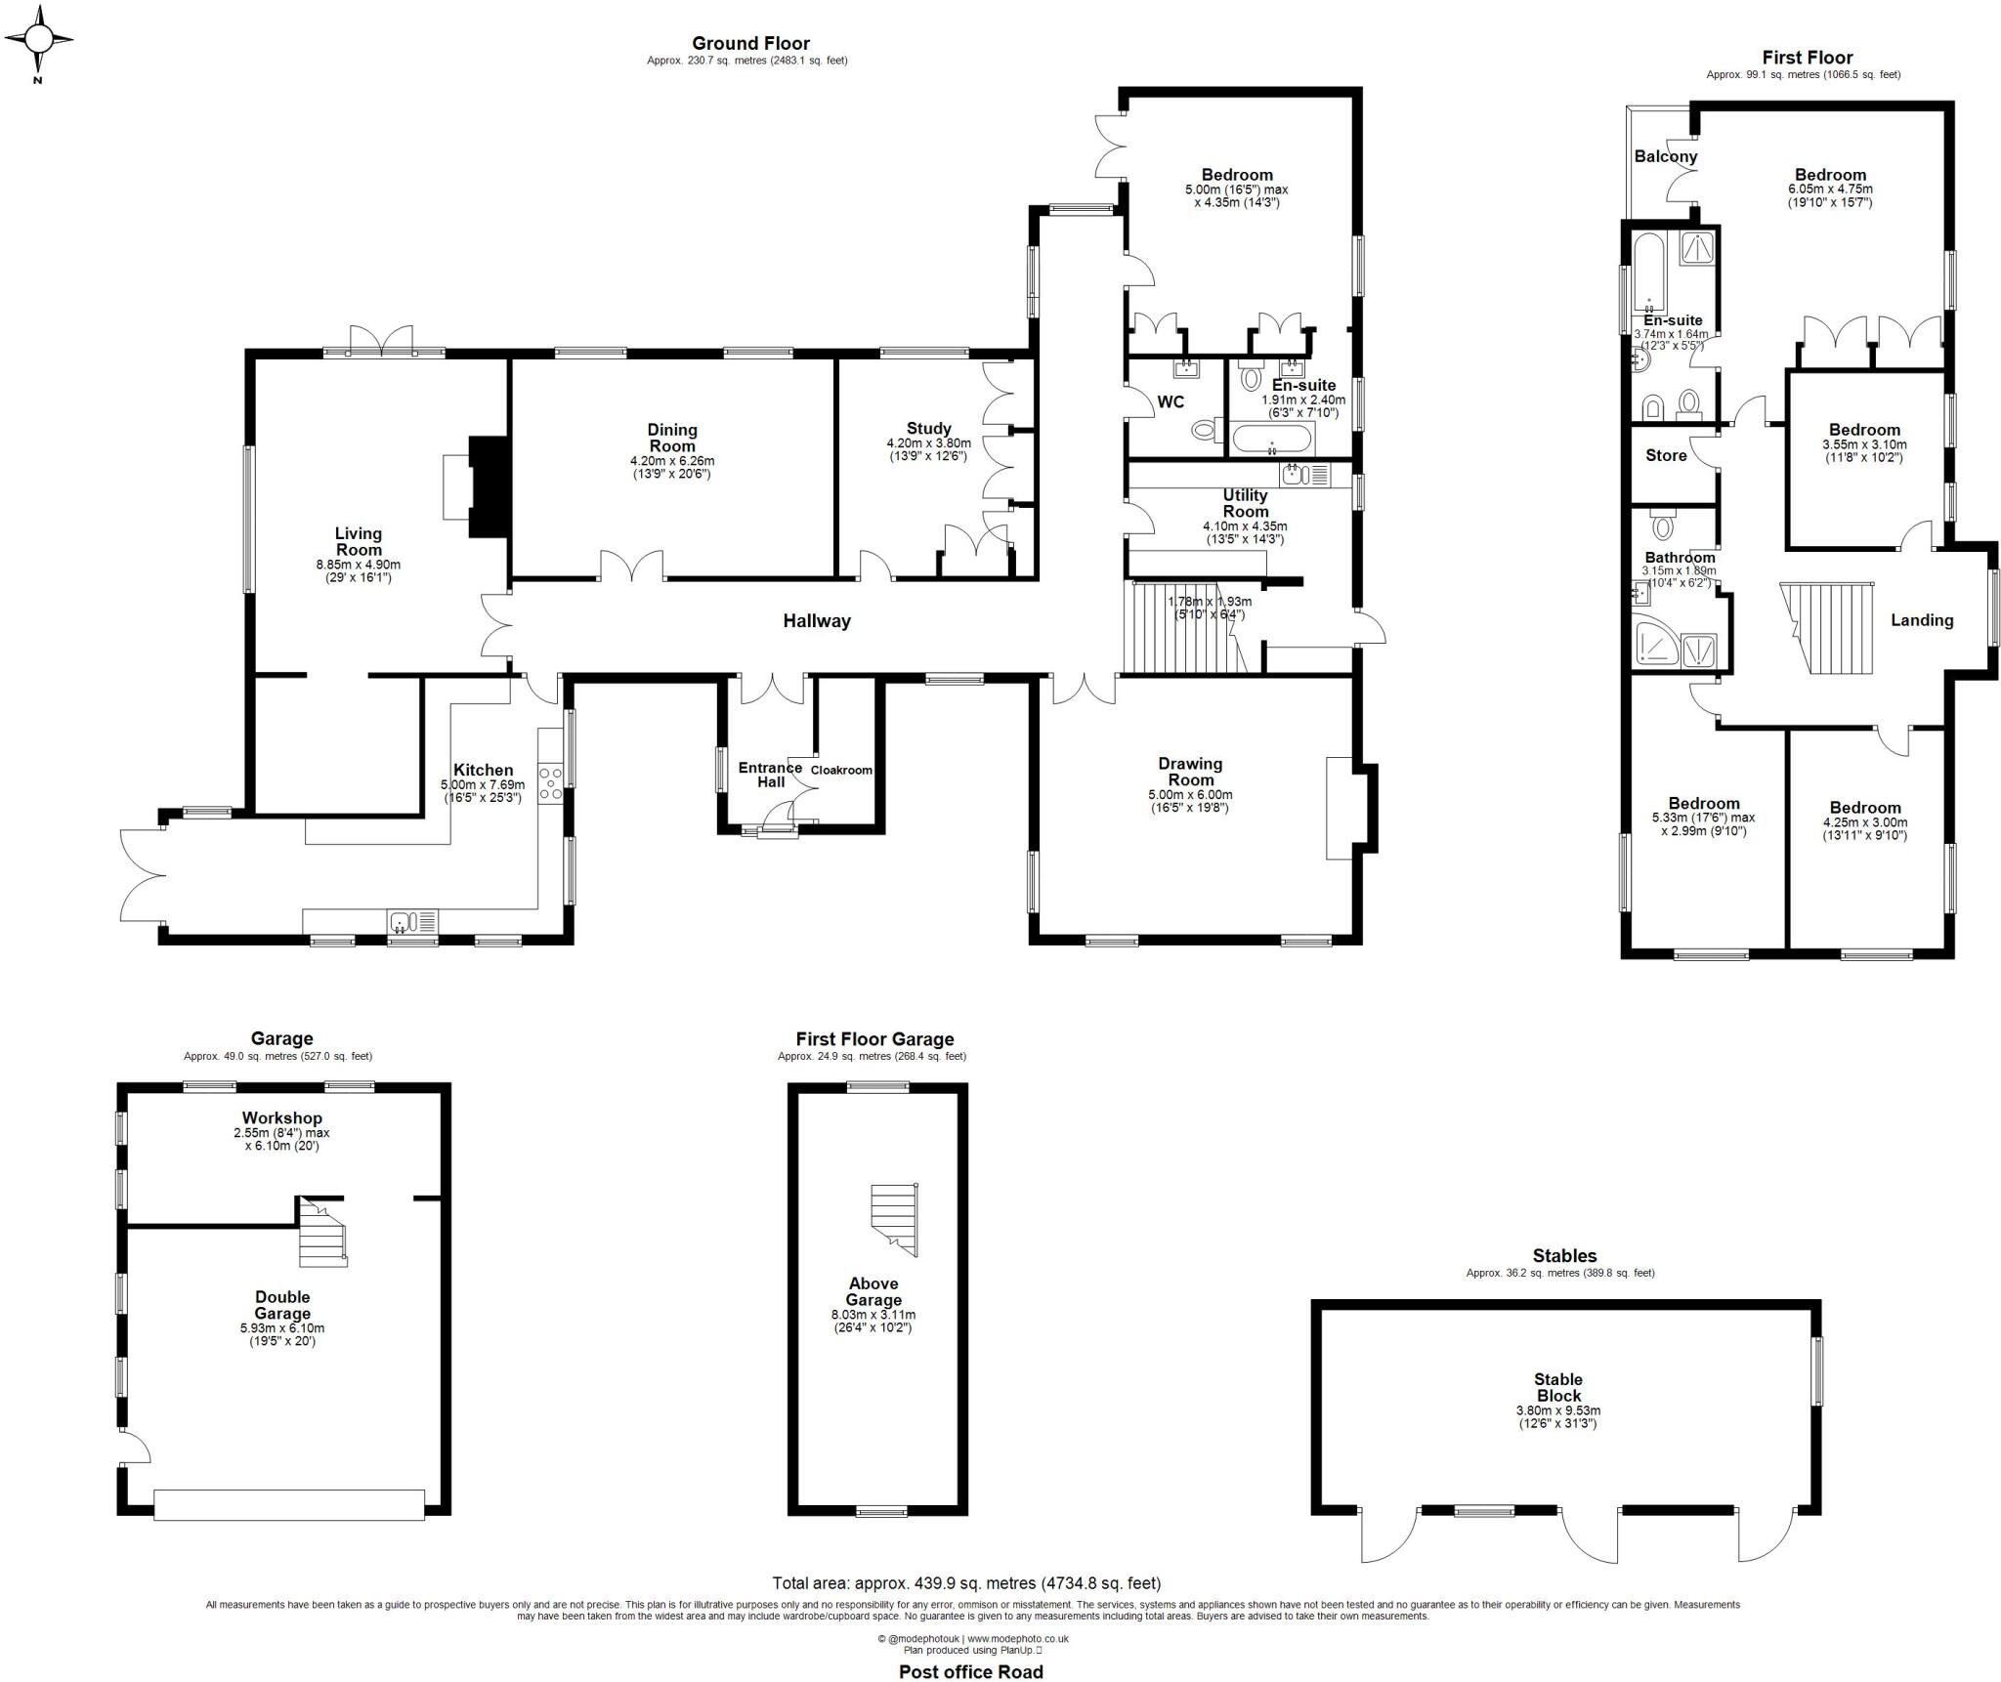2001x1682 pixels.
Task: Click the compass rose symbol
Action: [x=38, y=40]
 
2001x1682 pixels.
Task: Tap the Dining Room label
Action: [x=672, y=438]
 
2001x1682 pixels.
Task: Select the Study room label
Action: [x=928, y=428]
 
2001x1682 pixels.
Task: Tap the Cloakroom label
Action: [x=841, y=770]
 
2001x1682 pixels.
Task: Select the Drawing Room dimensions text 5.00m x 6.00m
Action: [x=1190, y=795]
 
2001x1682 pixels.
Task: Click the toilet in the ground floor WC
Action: [x=1206, y=430]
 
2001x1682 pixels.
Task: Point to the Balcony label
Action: [x=1666, y=156]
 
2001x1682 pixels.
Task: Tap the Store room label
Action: [x=1666, y=455]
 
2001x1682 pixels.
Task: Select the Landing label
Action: [x=1922, y=620]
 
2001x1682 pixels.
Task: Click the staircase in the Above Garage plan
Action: [x=894, y=1219]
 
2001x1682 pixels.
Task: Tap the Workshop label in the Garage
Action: [x=282, y=1117]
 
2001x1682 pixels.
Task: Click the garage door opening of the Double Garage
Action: [x=289, y=1503]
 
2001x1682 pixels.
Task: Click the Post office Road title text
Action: [x=970, y=1671]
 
